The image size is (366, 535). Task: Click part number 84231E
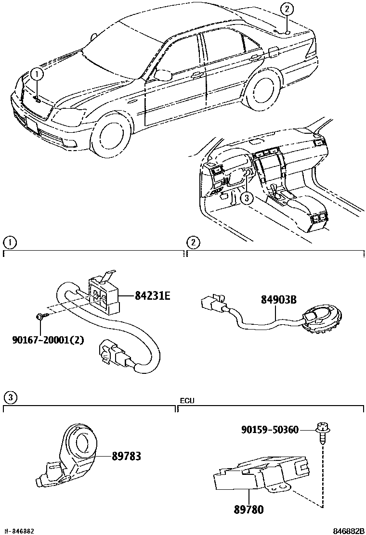coord(152,296)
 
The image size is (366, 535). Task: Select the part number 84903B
coord(278,300)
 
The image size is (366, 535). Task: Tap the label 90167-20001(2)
coord(48,340)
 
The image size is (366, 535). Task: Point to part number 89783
coord(127,456)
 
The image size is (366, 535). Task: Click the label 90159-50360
coord(270,429)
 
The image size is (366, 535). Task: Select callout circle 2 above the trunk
coord(287,8)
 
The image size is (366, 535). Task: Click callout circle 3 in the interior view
coord(246,197)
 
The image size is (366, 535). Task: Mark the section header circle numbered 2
coord(193,242)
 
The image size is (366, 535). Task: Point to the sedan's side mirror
coord(165,75)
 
